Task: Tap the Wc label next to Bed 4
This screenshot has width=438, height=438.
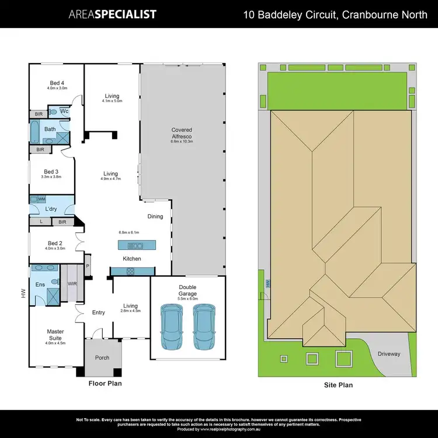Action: click(64, 110)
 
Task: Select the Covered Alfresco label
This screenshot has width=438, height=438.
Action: click(181, 133)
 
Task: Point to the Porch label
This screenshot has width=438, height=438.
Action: click(102, 358)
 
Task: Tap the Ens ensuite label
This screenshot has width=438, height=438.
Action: click(41, 284)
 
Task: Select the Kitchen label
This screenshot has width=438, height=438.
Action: click(131, 259)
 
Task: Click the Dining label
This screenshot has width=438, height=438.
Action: click(155, 217)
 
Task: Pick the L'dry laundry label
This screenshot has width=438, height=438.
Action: click(52, 208)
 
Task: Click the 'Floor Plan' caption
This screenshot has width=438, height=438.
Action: click(105, 384)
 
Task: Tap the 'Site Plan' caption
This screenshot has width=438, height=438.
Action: click(338, 385)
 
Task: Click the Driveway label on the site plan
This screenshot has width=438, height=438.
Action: click(388, 353)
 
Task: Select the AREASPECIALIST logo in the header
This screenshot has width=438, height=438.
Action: click(112, 14)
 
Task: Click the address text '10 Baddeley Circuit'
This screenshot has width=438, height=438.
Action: click(289, 14)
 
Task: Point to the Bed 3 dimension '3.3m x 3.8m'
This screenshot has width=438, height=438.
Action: click(51, 177)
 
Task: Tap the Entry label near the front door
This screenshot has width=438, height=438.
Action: click(98, 312)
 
